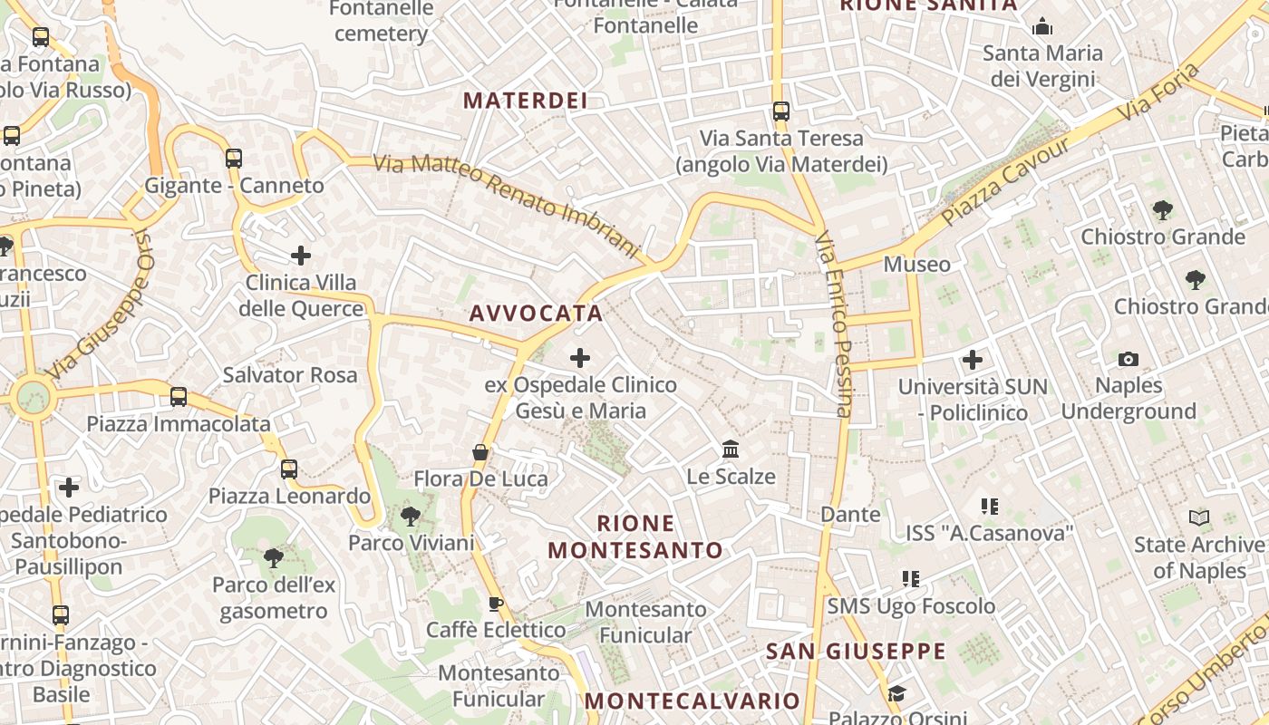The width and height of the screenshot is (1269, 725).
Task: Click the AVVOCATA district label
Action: pos(536,314)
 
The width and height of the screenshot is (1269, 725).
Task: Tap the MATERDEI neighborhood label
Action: pos(526,101)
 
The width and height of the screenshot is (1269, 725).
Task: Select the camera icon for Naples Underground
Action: pos(1129,360)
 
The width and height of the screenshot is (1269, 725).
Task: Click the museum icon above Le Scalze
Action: pos(731,449)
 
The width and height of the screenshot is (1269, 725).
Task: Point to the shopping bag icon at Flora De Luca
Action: pos(480,452)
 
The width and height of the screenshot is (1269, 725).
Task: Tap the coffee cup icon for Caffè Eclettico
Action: pos(495,604)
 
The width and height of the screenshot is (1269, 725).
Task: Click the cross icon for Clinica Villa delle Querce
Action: pos(301,256)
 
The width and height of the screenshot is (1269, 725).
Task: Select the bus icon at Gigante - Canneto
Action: pos(234,159)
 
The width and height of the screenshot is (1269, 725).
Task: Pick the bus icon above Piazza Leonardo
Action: pos(289,469)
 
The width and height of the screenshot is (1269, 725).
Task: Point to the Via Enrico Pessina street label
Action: pos(835,326)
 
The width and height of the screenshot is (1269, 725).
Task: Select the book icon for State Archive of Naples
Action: pos(1199,518)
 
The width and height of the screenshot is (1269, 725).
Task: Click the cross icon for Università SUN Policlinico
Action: pos(973,361)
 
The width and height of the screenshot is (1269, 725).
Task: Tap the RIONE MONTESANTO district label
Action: pos(636,536)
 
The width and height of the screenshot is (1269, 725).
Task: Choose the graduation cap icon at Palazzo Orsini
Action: pos(896,694)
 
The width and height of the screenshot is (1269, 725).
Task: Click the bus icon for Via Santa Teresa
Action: pos(781,111)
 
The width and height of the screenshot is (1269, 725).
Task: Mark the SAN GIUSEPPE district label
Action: pos(857,651)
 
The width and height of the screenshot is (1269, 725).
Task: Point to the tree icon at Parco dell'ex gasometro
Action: pos(274,557)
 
